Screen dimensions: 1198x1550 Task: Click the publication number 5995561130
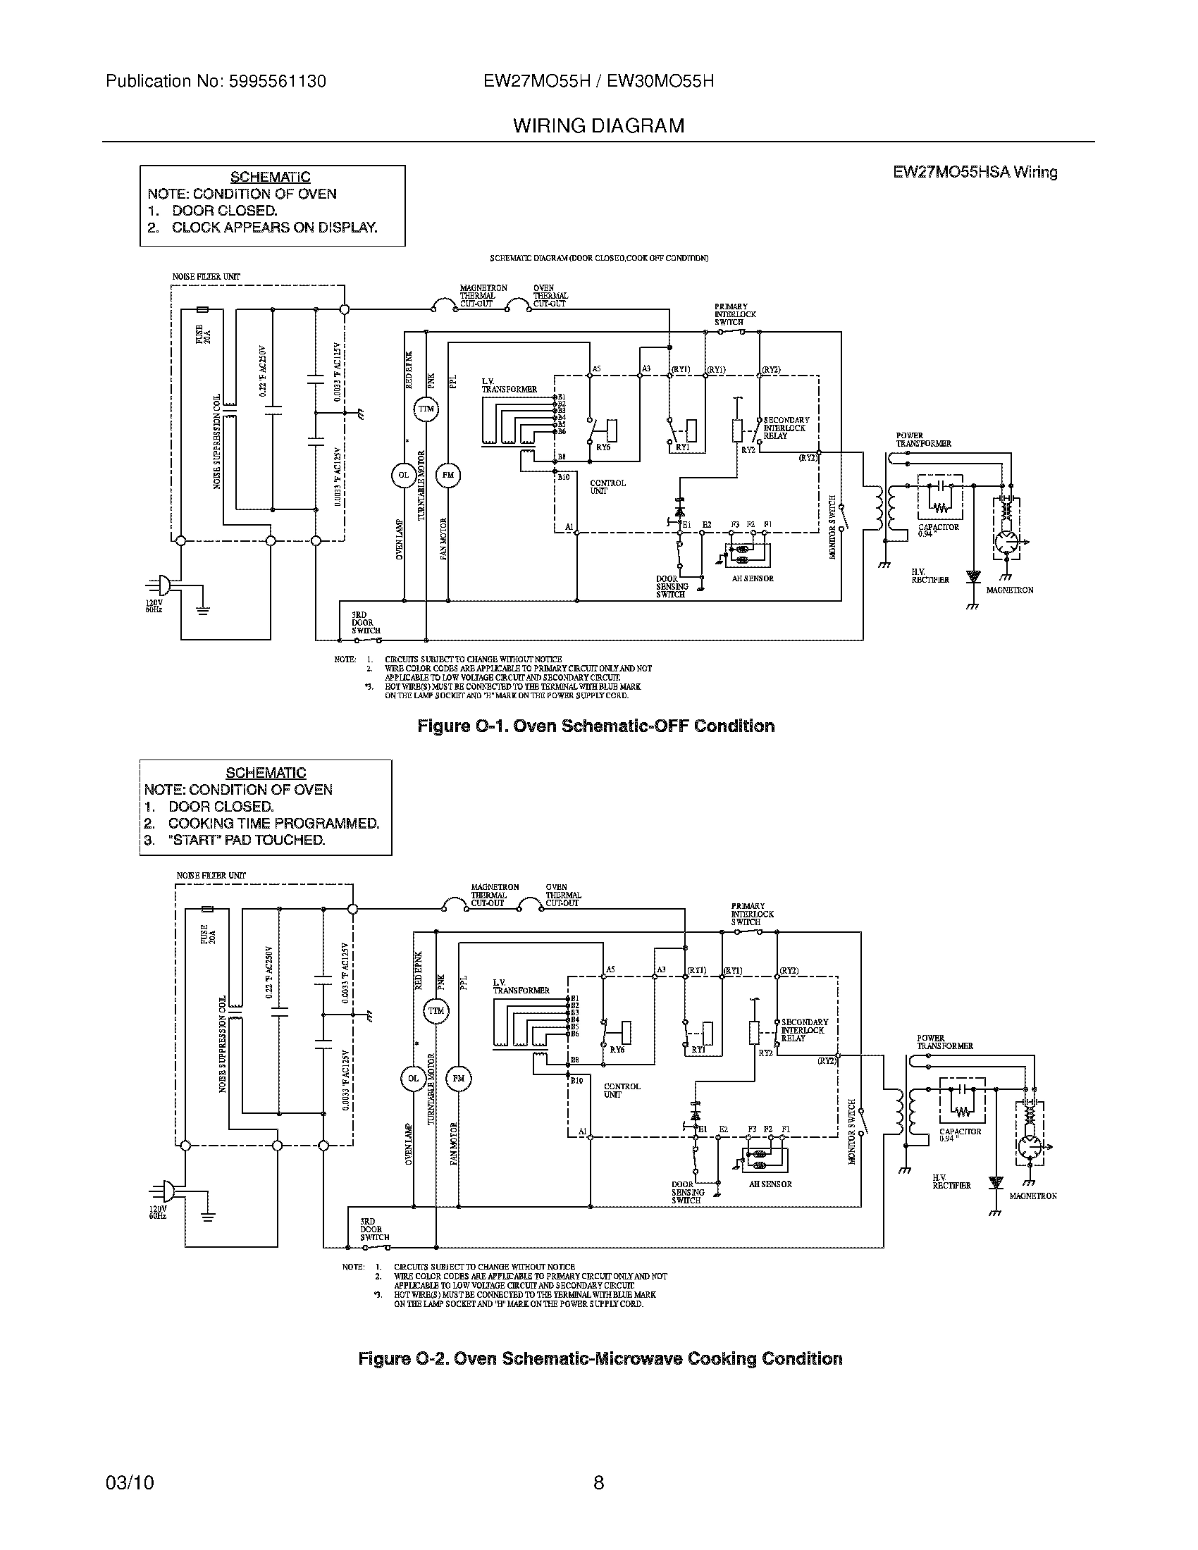pyautogui.click(x=277, y=82)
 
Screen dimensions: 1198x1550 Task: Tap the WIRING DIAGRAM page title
pyautogui.click(x=598, y=125)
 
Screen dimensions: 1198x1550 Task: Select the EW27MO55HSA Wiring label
pyautogui.click(x=975, y=172)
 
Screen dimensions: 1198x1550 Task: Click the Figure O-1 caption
pyautogui.click(x=595, y=726)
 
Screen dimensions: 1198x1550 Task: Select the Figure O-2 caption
pyautogui.click(x=600, y=1358)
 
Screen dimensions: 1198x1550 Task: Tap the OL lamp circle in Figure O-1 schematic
pyautogui.click(x=403, y=476)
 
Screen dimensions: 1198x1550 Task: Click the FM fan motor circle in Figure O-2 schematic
pyautogui.click(x=458, y=1079)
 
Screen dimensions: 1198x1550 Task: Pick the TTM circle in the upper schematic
pyautogui.click(x=426, y=409)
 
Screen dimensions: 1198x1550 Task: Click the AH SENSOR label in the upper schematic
pyautogui.click(x=753, y=578)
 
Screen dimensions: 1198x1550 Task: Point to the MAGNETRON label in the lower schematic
pyautogui.click(x=1032, y=1196)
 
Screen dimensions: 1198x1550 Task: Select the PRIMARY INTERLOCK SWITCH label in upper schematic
pyautogui.click(x=734, y=314)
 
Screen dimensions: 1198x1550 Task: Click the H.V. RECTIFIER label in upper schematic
pyautogui.click(x=930, y=576)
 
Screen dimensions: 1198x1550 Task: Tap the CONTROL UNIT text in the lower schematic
pyautogui.click(x=622, y=1090)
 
